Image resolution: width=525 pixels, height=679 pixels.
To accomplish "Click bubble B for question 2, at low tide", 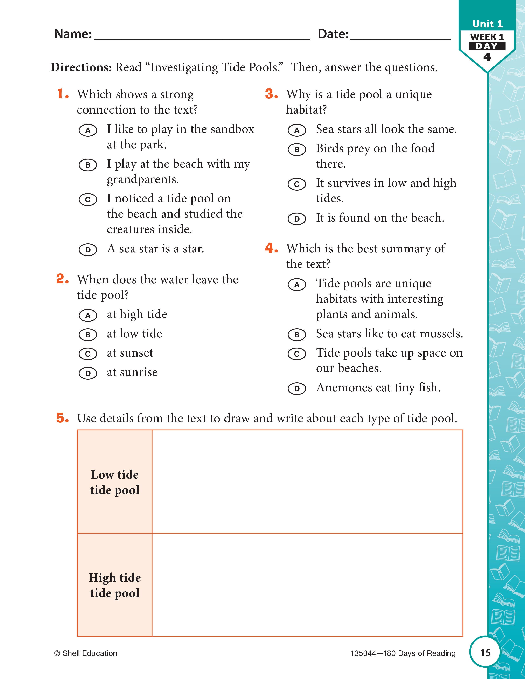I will (88, 335).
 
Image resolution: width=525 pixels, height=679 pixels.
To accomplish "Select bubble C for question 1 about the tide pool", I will (88, 199).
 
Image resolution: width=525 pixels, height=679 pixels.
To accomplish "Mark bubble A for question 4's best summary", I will (297, 285).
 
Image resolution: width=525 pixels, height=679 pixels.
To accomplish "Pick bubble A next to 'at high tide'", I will (88, 315).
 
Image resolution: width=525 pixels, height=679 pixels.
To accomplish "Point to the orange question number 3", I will (271, 94).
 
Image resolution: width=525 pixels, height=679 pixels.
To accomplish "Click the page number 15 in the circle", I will (485, 652).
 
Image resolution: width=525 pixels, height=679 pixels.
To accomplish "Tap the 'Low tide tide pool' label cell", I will (115, 482).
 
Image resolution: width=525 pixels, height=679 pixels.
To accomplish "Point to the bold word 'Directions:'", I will (81, 67).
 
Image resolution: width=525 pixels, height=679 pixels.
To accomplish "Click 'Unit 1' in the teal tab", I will (487, 24).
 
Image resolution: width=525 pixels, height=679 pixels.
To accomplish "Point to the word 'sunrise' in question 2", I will (141, 372).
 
